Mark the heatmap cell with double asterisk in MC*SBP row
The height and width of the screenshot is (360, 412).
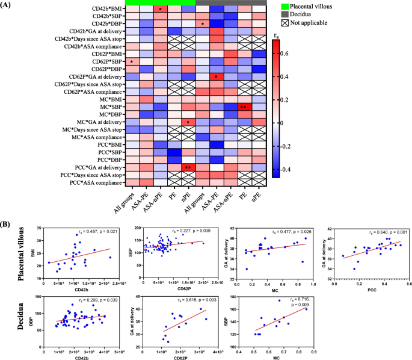[x=244, y=107]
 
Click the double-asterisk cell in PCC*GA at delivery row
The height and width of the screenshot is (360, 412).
[x=188, y=167]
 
